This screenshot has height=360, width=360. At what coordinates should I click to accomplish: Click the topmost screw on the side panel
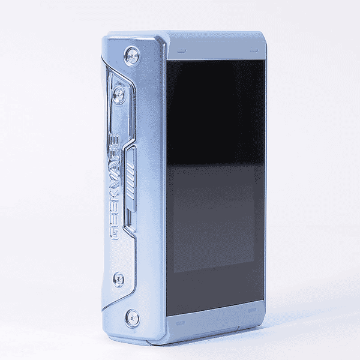[133, 56]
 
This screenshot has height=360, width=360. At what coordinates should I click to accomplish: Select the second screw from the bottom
[118, 280]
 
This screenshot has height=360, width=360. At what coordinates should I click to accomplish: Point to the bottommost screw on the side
[133, 317]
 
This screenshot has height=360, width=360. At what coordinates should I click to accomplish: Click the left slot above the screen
[181, 50]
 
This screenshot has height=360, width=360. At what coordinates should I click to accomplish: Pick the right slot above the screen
[254, 50]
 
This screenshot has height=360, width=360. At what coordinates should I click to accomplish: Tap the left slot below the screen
[180, 324]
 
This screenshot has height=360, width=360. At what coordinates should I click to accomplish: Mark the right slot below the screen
[252, 311]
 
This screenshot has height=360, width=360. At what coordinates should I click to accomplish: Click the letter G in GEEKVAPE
[115, 234]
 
